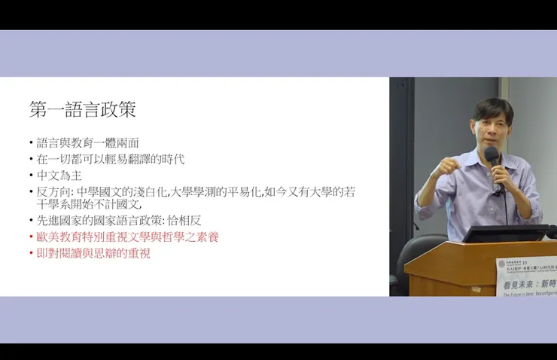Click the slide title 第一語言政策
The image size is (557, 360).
83,109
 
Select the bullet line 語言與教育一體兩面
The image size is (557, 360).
88,142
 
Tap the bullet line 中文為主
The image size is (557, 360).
58,175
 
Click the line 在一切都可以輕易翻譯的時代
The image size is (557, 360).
111,159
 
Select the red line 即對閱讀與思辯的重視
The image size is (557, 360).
93,253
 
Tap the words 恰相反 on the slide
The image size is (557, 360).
185,220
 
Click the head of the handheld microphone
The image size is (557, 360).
492,155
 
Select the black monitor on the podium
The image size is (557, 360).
494,233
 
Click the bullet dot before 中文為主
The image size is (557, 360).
32,176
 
